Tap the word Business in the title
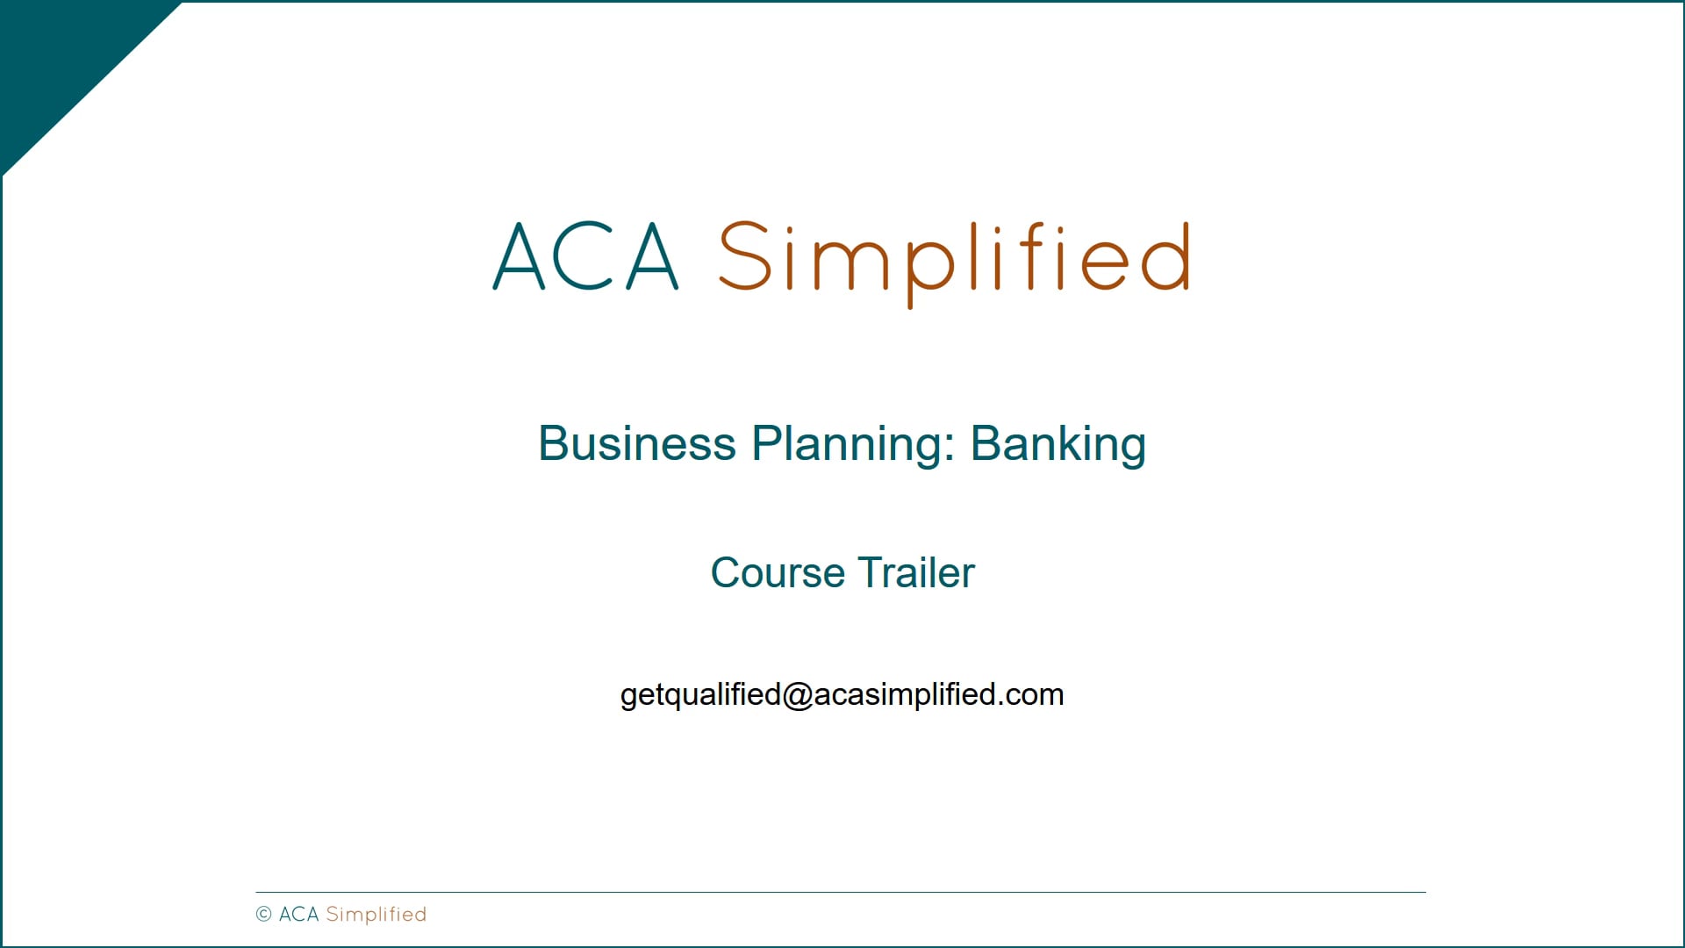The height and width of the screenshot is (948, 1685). pos(636,443)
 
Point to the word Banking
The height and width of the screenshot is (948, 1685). pos(1058,444)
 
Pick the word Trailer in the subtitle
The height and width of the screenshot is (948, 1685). pos(916,573)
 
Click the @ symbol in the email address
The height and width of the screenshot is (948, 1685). pos(798,694)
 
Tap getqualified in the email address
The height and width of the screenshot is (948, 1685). pos(700,695)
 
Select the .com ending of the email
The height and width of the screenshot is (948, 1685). pos(1032,694)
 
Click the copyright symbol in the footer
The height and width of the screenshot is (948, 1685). pos(263,915)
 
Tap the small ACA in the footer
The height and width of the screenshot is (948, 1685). pos(298,915)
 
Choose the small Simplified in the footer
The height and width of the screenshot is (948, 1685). pos(376,915)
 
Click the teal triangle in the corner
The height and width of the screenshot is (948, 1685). pos(61,61)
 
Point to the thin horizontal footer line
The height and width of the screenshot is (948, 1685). pos(841,893)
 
